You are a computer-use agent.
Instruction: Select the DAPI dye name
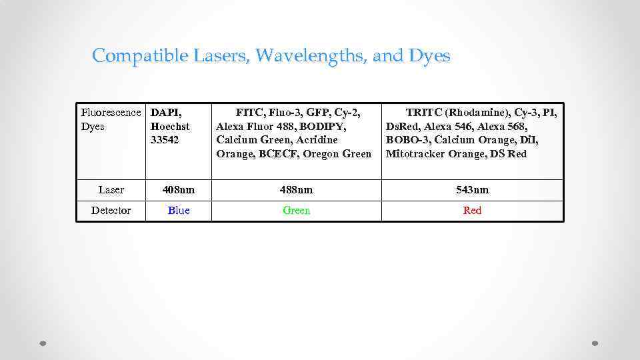coord(165,113)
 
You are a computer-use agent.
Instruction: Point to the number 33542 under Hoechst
coord(165,140)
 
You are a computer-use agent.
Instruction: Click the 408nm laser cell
coord(179,190)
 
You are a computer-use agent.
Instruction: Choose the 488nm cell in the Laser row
coord(296,190)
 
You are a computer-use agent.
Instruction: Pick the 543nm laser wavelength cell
coord(472,190)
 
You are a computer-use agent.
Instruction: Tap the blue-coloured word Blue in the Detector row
coord(179,211)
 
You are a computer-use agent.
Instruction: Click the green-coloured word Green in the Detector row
coord(296,211)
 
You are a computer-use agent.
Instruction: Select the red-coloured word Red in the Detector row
coord(472,211)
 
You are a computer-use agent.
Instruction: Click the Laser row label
coord(111,190)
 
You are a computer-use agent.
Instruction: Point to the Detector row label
coord(111,211)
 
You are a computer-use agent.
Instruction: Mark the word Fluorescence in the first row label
coord(111,113)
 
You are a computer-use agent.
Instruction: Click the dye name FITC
coord(250,113)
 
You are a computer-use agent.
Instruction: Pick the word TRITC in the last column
coord(424,113)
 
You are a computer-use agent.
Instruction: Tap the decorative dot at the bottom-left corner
coord(43,344)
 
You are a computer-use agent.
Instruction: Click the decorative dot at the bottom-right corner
coord(595,344)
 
